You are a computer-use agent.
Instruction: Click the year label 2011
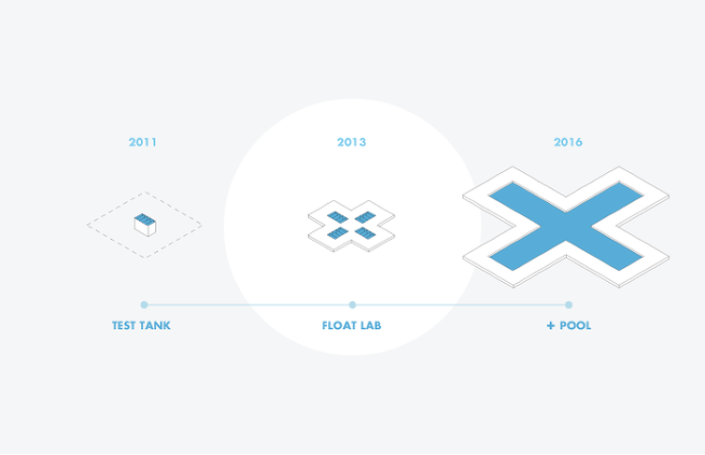[x=143, y=142]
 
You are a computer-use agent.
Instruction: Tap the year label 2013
[x=352, y=142]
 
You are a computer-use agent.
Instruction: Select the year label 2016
[x=568, y=142]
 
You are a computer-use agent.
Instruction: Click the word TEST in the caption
[x=124, y=325]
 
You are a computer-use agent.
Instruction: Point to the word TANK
[x=155, y=325]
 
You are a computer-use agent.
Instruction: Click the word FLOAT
[x=338, y=325]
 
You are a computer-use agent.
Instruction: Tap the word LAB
[x=370, y=325]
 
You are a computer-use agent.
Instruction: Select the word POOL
[x=575, y=325]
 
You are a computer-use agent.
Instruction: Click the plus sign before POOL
[x=551, y=325]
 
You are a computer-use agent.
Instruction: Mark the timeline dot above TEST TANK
[x=144, y=305]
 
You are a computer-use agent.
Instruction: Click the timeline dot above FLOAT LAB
[x=352, y=305]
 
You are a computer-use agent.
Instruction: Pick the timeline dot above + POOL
[x=569, y=305]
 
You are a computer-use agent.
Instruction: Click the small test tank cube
[x=145, y=225]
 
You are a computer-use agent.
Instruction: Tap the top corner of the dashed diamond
[x=145, y=193]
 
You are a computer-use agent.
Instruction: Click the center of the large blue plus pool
[x=566, y=227]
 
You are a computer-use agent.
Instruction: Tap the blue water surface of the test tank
[x=145, y=219]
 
